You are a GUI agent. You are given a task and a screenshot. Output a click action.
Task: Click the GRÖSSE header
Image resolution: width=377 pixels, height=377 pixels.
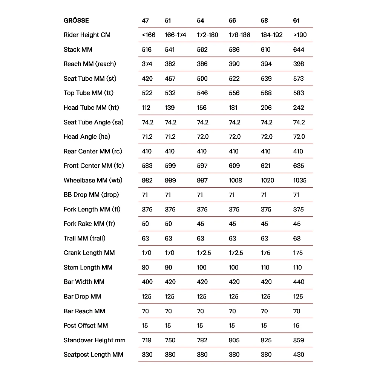76,20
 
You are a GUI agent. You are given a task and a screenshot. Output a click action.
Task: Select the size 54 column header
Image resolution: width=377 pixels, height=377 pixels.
200,20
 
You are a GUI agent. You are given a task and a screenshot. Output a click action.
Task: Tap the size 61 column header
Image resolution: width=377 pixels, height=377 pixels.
296,20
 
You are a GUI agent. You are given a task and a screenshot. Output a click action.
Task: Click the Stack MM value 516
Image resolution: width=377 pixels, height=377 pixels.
147,49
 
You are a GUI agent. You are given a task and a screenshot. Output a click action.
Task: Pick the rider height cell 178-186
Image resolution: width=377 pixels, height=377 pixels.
239,35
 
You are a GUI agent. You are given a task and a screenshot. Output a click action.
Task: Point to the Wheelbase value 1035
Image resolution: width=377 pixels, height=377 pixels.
300,180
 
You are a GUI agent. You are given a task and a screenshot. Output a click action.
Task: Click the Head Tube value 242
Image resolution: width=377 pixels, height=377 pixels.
299,107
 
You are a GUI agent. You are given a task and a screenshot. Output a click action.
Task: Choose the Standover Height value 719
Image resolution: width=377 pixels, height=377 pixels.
147,340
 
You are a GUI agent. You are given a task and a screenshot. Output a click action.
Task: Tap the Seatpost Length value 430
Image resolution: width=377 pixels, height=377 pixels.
299,354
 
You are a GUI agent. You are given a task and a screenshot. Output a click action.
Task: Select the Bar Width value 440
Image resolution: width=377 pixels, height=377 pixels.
299,282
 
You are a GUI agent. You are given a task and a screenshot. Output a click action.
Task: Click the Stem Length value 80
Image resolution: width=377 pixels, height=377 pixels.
145,267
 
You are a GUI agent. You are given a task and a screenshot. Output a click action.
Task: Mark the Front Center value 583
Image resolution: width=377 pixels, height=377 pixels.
147,166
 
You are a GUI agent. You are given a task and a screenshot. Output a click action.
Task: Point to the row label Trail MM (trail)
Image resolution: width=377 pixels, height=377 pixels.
84,238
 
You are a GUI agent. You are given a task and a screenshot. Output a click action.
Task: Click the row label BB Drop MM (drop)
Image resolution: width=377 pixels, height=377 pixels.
91,195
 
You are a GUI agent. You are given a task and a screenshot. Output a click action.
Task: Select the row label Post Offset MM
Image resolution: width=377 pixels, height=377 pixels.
86,325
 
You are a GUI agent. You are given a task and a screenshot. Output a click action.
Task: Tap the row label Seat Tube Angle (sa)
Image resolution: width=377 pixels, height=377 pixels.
93,122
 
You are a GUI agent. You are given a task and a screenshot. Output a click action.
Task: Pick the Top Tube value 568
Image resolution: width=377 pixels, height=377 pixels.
266,93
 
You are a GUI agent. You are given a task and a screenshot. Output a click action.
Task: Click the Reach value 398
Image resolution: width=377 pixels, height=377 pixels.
299,64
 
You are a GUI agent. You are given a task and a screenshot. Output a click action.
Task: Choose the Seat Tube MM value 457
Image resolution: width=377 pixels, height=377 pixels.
170,78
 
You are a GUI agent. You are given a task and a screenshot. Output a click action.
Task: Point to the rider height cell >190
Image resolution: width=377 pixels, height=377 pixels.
300,35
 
